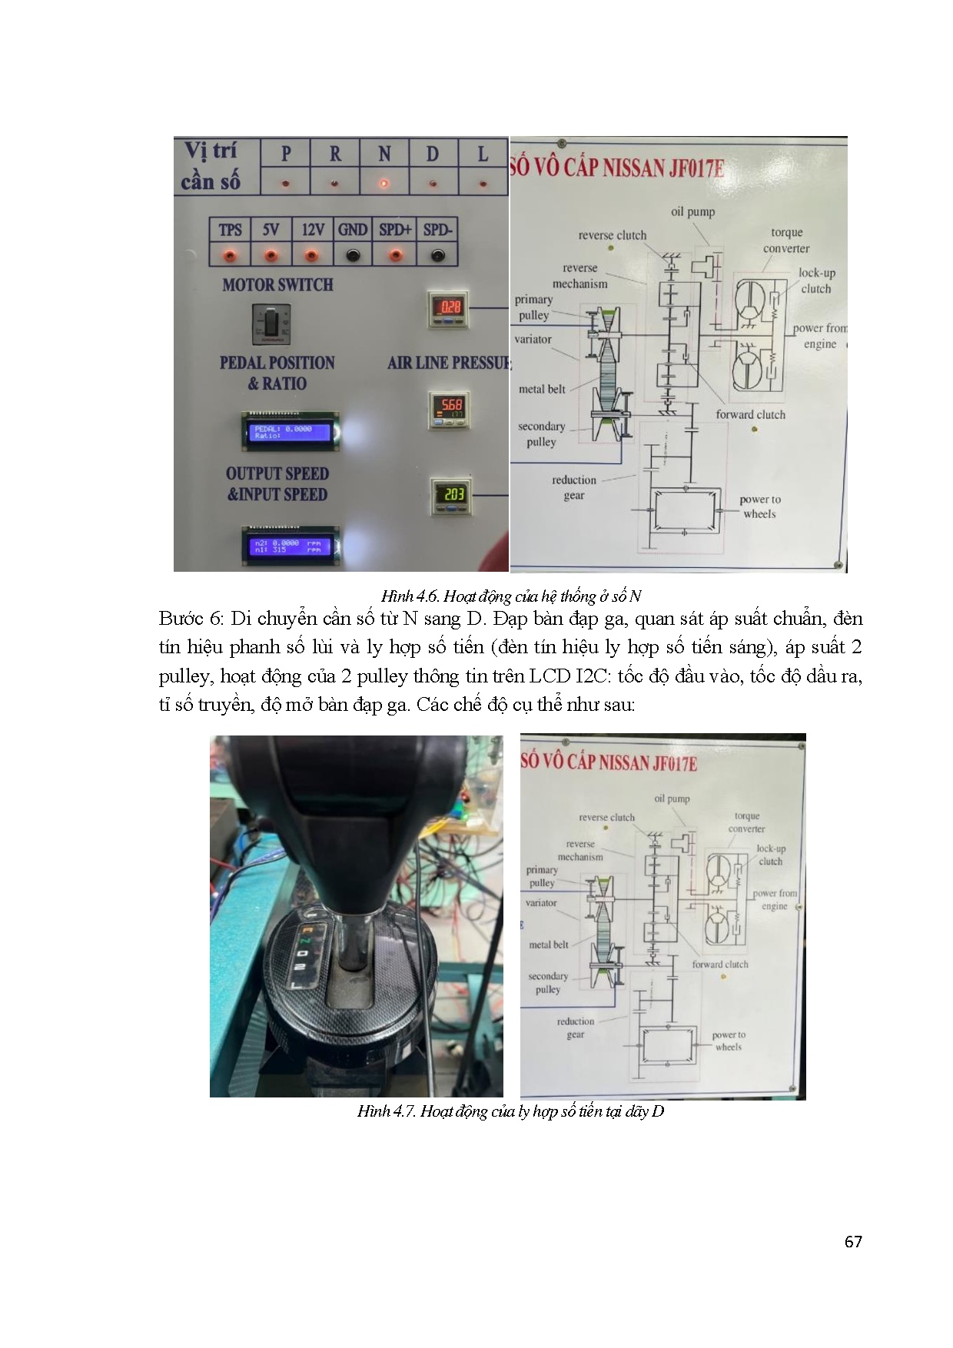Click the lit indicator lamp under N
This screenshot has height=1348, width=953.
pos(384,184)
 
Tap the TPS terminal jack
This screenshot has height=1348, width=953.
pos(230,254)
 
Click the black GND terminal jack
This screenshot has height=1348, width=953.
pos(352,254)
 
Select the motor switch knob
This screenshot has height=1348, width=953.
pos(271,323)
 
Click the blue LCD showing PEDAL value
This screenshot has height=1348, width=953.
pos(291,432)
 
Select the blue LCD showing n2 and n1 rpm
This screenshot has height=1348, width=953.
pos(291,546)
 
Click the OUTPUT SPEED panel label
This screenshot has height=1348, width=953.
pos(277,474)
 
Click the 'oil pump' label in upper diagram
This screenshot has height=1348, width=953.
pos(692,211)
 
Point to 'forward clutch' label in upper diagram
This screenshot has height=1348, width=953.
pos(750,414)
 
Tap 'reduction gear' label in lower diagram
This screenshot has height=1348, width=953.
pos(576,1028)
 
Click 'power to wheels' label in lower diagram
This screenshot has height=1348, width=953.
pos(729,1041)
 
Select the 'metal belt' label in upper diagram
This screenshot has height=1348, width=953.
pos(542,389)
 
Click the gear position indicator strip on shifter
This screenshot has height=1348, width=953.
pos(305,955)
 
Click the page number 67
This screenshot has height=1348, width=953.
pos(853,1242)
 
